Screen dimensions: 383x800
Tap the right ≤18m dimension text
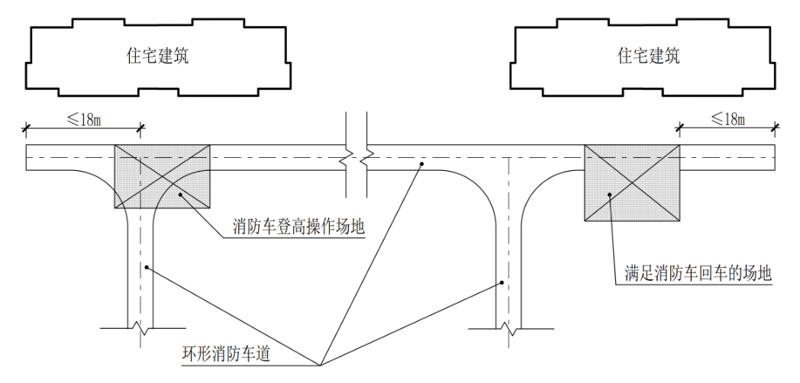point(727,118)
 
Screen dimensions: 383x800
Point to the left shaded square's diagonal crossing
point(162,176)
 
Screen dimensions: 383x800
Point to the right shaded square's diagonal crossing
point(631,182)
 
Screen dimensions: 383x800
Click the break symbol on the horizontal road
point(356,159)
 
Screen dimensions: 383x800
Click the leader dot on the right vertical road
point(502,282)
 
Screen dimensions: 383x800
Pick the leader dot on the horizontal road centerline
point(420,163)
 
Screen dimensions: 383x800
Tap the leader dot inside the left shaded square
point(181,195)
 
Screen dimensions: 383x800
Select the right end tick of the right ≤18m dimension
point(776,127)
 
